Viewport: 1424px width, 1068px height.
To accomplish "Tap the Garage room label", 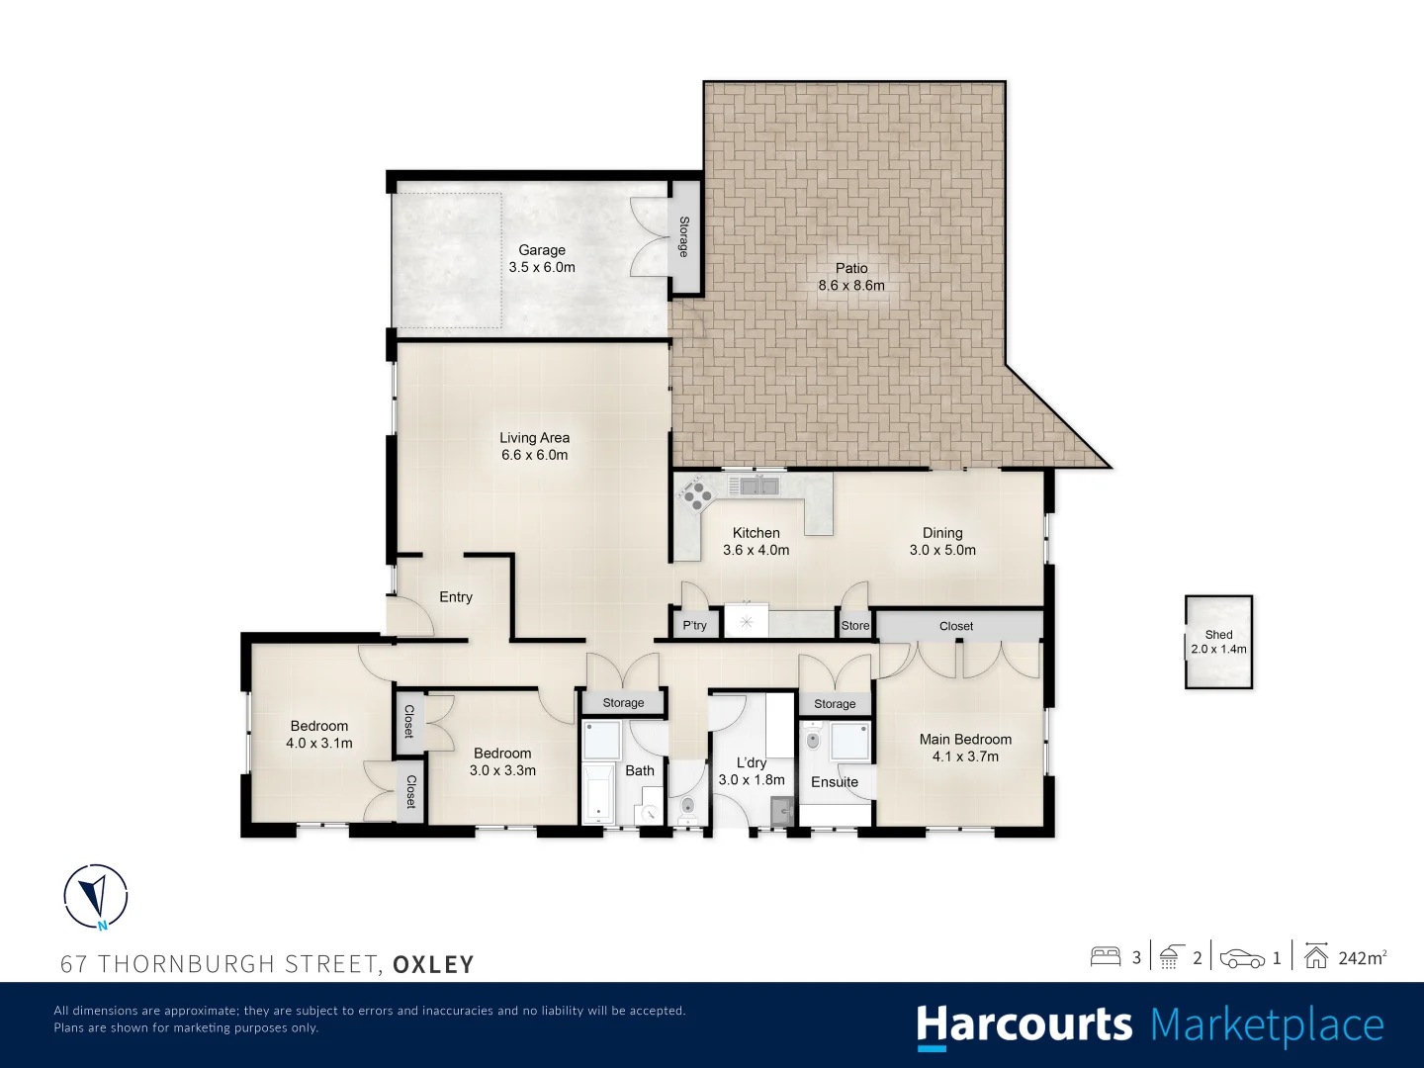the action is [x=542, y=249].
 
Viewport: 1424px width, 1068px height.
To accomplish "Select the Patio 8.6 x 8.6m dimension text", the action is [x=851, y=286].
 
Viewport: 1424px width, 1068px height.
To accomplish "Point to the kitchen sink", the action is [x=753, y=485].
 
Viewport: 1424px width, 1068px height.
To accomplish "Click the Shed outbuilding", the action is [x=1218, y=642].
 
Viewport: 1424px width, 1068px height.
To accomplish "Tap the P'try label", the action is [x=694, y=625].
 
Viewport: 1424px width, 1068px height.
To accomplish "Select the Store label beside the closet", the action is [x=855, y=626].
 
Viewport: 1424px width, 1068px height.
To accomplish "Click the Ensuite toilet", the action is [x=812, y=740].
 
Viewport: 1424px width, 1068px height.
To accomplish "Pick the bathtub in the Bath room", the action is [x=598, y=794].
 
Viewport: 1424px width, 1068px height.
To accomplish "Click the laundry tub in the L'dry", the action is [x=782, y=811].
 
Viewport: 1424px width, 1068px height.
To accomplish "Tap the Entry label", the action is [x=456, y=596].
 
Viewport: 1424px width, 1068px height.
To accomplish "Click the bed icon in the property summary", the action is [x=1106, y=957].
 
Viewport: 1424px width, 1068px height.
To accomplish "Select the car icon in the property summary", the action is [x=1242, y=958].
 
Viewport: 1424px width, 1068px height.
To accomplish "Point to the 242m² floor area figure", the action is [x=1363, y=958].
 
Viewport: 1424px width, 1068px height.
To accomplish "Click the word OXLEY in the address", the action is [x=433, y=964].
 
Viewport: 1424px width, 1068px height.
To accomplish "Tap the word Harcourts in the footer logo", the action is [x=1024, y=1025].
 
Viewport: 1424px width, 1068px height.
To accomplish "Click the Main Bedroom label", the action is [x=965, y=740].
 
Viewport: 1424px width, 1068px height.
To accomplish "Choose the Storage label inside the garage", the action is [x=683, y=236].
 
